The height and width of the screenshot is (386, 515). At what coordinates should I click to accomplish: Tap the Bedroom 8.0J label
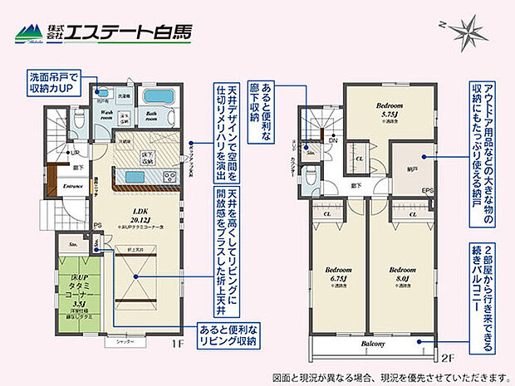tap(401, 270)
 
